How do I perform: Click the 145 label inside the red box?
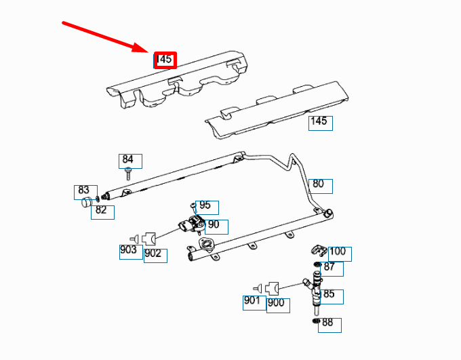click(x=165, y=60)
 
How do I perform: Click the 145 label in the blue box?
click(x=319, y=122)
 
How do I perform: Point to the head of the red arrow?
click(x=151, y=51)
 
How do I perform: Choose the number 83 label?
click(x=83, y=191)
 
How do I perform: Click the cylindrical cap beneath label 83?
click(x=86, y=202)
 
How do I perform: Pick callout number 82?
click(x=102, y=211)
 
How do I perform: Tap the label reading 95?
click(x=205, y=205)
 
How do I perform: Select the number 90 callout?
click(x=214, y=225)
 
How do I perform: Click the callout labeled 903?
click(x=129, y=250)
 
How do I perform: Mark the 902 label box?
click(x=154, y=254)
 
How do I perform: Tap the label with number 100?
click(x=338, y=252)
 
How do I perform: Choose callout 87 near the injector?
click(x=331, y=268)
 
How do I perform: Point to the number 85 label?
click(x=330, y=295)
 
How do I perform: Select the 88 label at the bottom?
click(x=329, y=323)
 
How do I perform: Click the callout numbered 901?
click(x=253, y=301)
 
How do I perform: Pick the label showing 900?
click(x=277, y=304)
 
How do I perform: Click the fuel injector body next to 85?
click(x=316, y=292)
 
